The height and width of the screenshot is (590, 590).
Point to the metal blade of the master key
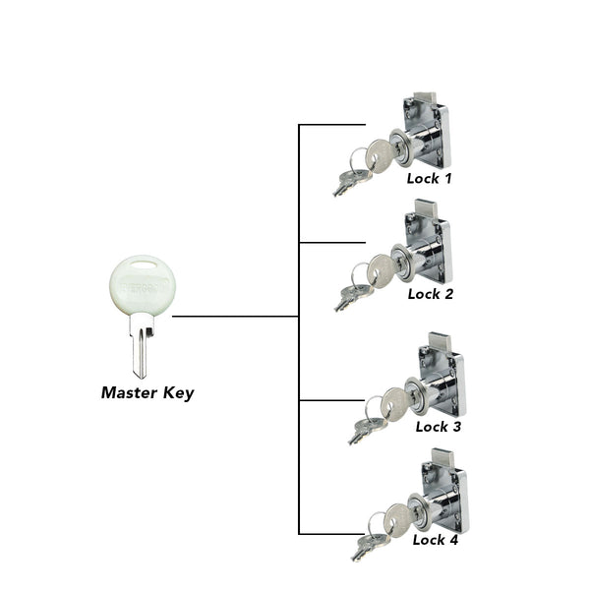pos(140,349)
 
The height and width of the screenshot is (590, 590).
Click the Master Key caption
pos(147,393)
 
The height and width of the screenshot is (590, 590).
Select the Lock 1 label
pos(430,179)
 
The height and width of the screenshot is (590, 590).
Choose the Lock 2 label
pos(431,293)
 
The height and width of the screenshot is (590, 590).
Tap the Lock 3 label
pos(439,426)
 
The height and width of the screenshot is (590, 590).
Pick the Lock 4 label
pos(435,539)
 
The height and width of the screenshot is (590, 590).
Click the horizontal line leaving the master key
pos(236,317)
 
